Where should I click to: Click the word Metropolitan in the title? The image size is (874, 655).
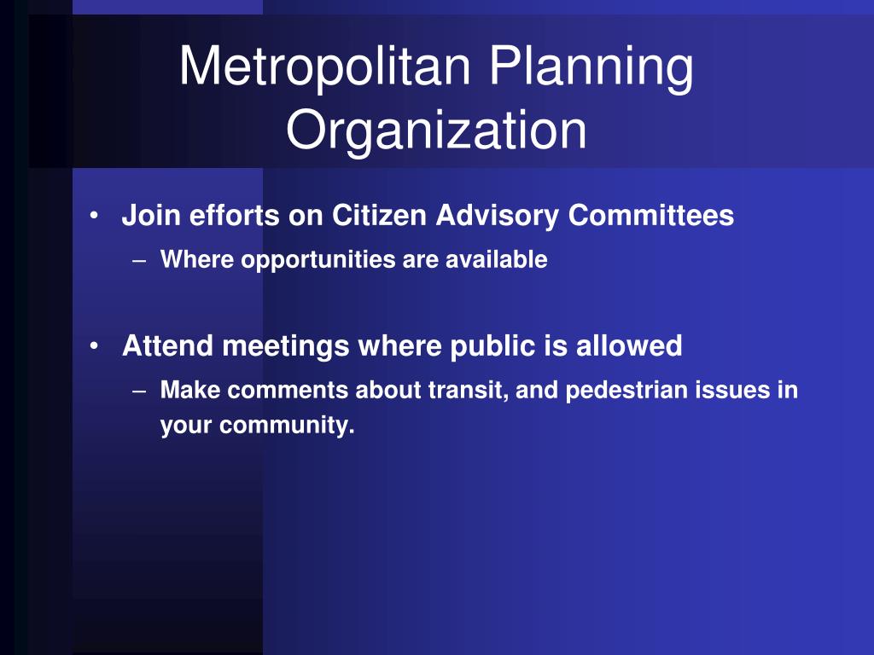coord(325,66)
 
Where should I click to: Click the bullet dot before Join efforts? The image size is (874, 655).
coord(94,216)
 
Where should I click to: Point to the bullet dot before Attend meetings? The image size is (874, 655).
coord(94,346)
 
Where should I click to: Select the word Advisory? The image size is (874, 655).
coord(498,216)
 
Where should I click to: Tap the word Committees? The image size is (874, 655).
coord(650,215)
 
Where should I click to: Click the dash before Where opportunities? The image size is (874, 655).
coord(139,260)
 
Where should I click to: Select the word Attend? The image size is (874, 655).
coord(168,345)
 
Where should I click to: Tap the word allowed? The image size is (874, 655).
coord(629,345)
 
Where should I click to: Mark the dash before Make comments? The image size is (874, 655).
coord(139,391)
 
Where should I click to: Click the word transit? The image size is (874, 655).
coord(469,390)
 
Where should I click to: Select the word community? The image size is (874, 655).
coord(287,426)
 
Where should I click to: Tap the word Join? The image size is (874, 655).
coord(151,215)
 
